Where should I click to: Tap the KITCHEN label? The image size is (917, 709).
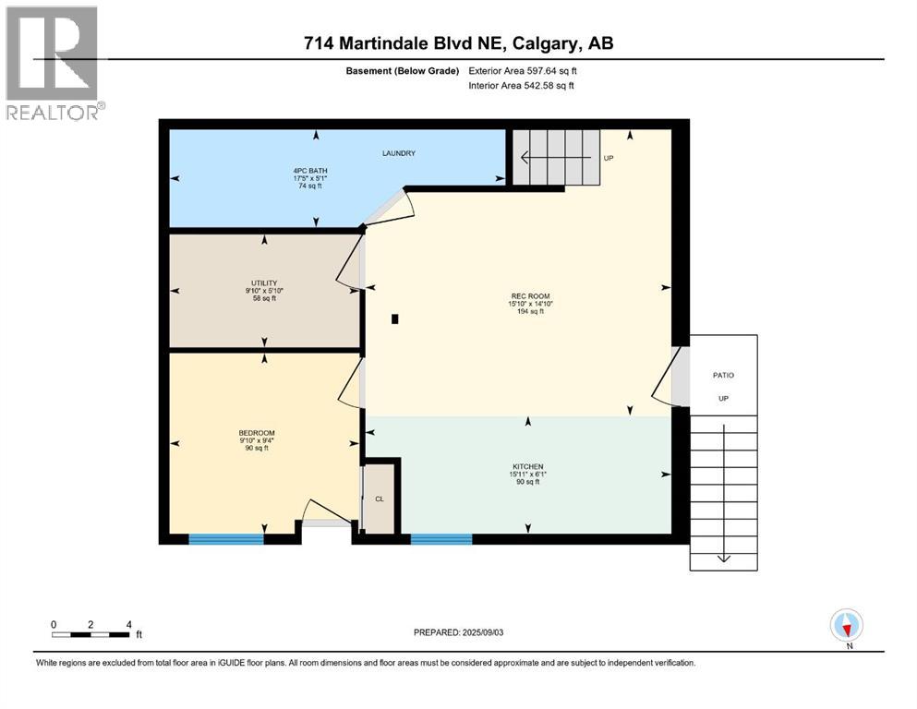(528, 466)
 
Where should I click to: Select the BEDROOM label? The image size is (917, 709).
(257, 433)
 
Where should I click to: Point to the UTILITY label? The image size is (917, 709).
(263, 283)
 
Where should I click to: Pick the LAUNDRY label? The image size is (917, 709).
(400, 153)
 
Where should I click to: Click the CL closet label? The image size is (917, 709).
(379, 499)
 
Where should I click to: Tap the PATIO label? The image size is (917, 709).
(723, 375)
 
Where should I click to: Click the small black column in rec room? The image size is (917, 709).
(395, 319)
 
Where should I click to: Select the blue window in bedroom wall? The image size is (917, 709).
(226, 538)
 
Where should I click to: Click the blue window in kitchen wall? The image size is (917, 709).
(435, 538)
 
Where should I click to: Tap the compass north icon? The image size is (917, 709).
(847, 625)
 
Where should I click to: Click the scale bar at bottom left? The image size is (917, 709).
(90, 633)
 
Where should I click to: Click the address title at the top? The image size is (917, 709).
(458, 43)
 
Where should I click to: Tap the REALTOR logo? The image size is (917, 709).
(54, 63)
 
